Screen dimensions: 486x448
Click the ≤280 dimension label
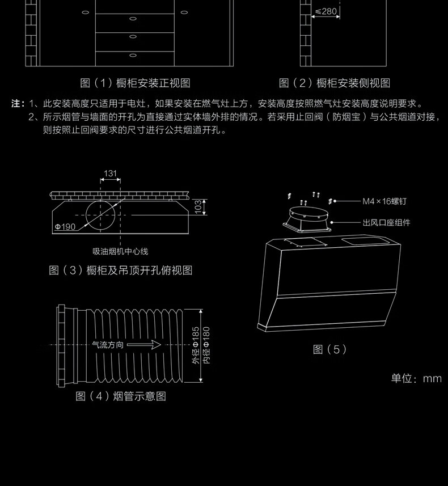(326, 11)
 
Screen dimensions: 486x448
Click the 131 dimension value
(110, 174)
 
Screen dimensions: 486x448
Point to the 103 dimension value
(198, 206)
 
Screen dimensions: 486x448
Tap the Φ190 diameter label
(65, 227)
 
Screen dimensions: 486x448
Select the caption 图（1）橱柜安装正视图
(135, 83)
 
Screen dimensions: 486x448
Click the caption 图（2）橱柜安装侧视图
(335, 83)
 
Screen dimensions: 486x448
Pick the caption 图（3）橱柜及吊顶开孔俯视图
(121, 271)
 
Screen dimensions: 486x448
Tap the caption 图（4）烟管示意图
(121, 396)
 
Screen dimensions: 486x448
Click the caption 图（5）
(329, 349)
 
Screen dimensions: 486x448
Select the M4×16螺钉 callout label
(385, 201)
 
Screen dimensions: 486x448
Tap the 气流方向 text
(108, 345)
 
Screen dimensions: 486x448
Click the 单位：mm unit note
(416, 378)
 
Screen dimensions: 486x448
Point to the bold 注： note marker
(18, 104)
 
